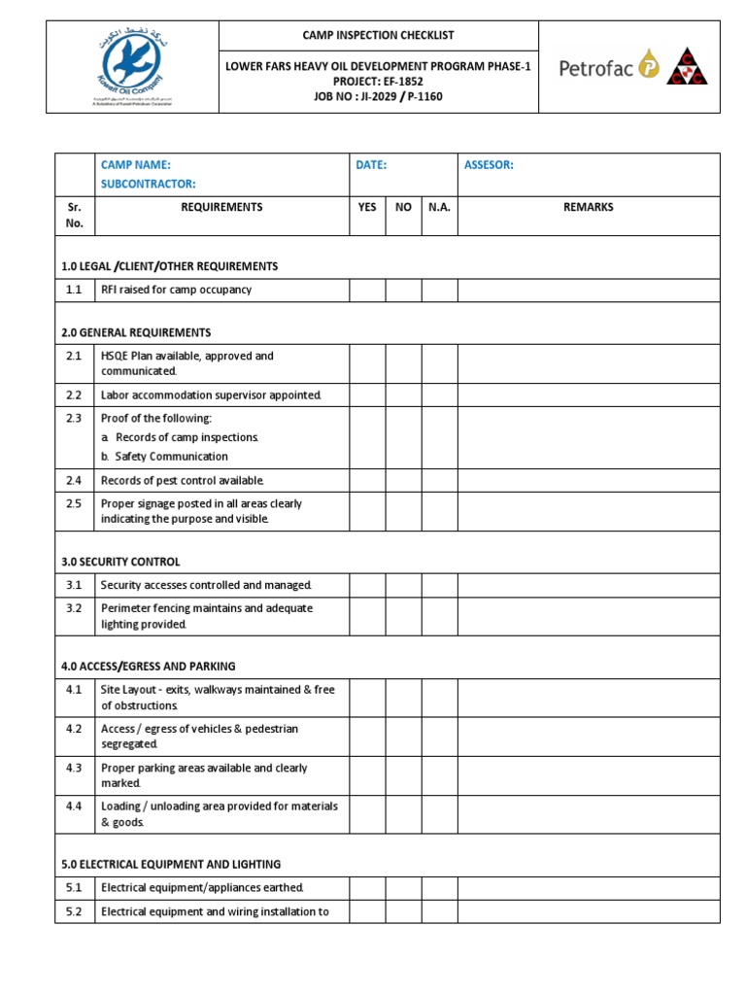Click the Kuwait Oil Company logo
[132, 67]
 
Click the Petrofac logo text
[595, 67]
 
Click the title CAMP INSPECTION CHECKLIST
[378, 35]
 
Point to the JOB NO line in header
[378, 96]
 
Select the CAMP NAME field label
[135, 165]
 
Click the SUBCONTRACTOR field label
[149, 184]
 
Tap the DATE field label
[371, 165]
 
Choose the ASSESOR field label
[489, 165]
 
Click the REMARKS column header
[588, 207]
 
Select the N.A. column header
[439, 207]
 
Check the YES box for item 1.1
[367, 290]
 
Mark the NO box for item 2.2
[403, 395]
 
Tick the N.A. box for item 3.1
[439, 585]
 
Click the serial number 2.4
[75, 480]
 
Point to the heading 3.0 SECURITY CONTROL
[120, 562]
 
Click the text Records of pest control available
[183, 480]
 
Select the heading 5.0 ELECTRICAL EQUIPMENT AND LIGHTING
[171, 864]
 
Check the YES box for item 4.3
[367, 775]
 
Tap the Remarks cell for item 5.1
[588, 887]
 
